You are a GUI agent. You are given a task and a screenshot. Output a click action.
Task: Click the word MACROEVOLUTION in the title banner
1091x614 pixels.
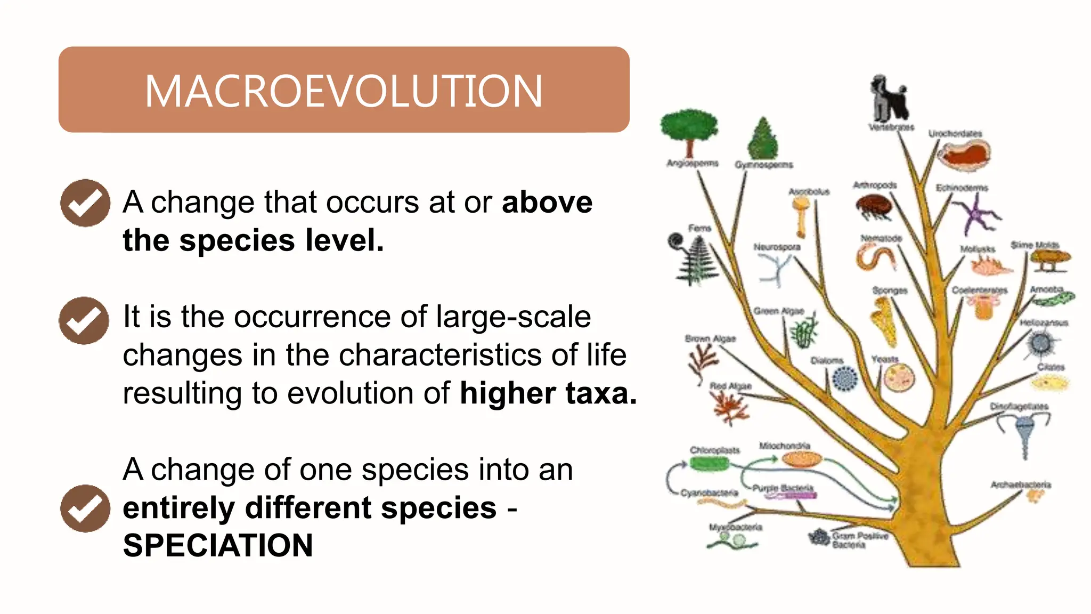pyautogui.click(x=344, y=91)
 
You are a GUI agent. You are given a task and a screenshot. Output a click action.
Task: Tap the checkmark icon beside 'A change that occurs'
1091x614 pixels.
pyautogui.click(x=85, y=203)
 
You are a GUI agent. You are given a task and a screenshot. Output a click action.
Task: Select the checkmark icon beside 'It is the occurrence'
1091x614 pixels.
pyautogui.click(x=84, y=320)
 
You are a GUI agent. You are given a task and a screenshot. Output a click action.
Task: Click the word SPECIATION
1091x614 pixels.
pyautogui.click(x=218, y=546)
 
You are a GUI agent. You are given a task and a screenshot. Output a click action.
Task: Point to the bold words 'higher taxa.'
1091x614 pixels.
pyautogui.click(x=548, y=393)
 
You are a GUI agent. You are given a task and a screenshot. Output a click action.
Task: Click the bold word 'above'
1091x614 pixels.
pyautogui.click(x=547, y=202)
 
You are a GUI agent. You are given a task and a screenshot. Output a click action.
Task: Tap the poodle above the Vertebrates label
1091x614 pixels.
pyautogui.click(x=889, y=98)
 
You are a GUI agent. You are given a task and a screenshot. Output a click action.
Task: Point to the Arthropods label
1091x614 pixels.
pyautogui.click(x=875, y=185)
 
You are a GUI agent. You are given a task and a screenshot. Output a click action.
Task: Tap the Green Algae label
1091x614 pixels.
pyautogui.click(x=778, y=311)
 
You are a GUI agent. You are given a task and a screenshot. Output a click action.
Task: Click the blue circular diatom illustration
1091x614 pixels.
pyautogui.click(x=844, y=379)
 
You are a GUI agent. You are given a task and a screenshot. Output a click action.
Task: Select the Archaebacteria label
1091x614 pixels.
pyautogui.click(x=1020, y=484)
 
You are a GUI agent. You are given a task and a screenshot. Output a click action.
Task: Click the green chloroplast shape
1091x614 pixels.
pyautogui.click(x=709, y=464)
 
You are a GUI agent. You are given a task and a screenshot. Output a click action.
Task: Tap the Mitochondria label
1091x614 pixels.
pyautogui.click(x=784, y=445)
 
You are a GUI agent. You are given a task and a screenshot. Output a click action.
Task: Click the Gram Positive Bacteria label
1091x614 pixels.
pyautogui.click(x=859, y=540)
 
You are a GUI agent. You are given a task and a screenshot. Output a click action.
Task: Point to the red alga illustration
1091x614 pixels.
pyautogui.click(x=730, y=407)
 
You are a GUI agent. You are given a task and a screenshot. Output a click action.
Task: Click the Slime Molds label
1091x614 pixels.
pyautogui.click(x=1035, y=245)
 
